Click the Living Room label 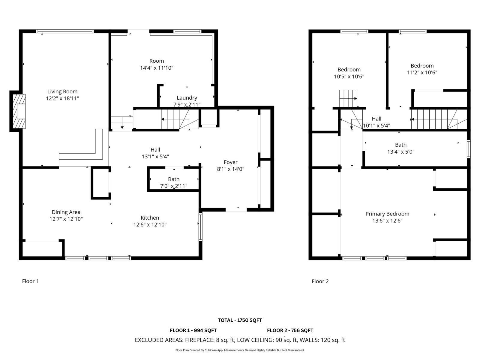pyautogui.click(x=62, y=91)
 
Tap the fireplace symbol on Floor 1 pyautogui.click(x=20, y=111)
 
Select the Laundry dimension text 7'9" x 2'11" pyautogui.click(x=187, y=104)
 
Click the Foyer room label pyautogui.click(x=230, y=162)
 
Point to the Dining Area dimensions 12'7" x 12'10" pyautogui.click(x=66, y=219)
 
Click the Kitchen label pyautogui.click(x=150, y=218)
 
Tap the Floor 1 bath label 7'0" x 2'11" pyautogui.click(x=173, y=186)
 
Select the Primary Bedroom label pyautogui.click(x=387, y=214)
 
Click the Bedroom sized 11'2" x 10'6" pyautogui.click(x=422, y=66)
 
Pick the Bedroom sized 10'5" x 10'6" pyautogui.click(x=349, y=70)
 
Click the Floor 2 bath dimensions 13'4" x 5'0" pyautogui.click(x=400, y=152)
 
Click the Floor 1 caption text pyautogui.click(x=30, y=281)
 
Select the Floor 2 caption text pyautogui.click(x=320, y=281)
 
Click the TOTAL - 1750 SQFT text pyautogui.click(x=240, y=320)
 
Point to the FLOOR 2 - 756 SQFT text pyautogui.click(x=290, y=330)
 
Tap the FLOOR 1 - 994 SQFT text pyautogui.click(x=193, y=330)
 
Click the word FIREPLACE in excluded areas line pyautogui.click(x=199, y=340)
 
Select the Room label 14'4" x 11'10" pyautogui.click(x=157, y=61)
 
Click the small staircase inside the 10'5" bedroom pyautogui.click(x=348, y=98)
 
